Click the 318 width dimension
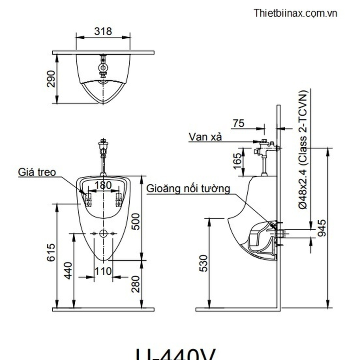click(103, 31)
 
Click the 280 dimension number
click(136, 284)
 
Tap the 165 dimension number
click(237, 162)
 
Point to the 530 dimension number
click(204, 263)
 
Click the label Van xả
click(205, 137)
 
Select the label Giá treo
click(37, 172)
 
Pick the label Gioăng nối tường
click(188, 188)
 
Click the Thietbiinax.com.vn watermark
click(295, 13)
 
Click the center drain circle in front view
click(104, 233)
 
